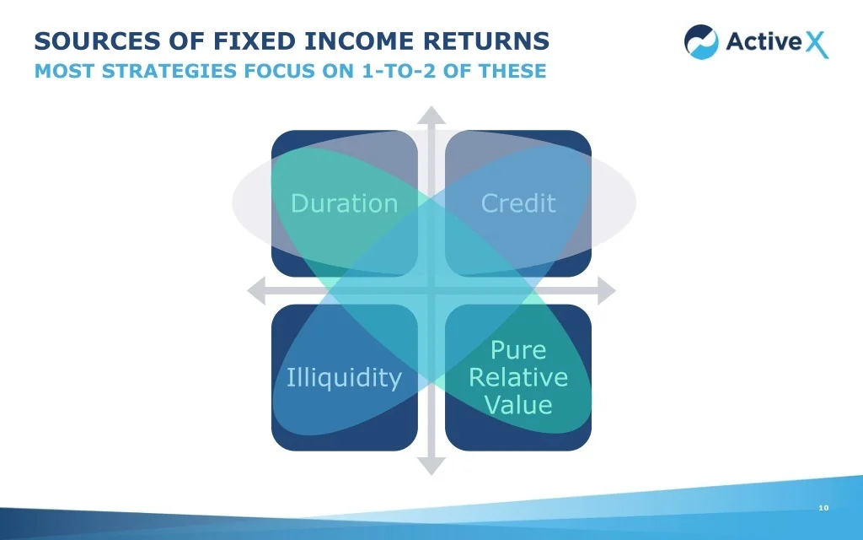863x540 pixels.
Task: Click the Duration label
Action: pyautogui.click(x=344, y=203)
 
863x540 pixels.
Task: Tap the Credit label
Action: pyautogui.click(x=518, y=203)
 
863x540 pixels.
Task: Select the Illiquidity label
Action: pyautogui.click(x=344, y=377)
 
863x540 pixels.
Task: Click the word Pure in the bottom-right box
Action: pyautogui.click(x=518, y=350)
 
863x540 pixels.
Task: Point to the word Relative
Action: pyautogui.click(x=518, y=377)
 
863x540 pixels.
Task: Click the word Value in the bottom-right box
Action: pyautogui.click(x=518, y=404)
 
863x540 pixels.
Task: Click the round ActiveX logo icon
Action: pyautogui.click(x=701, y=41)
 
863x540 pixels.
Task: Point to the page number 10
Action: pyautogui.click(x=823, y=508)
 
